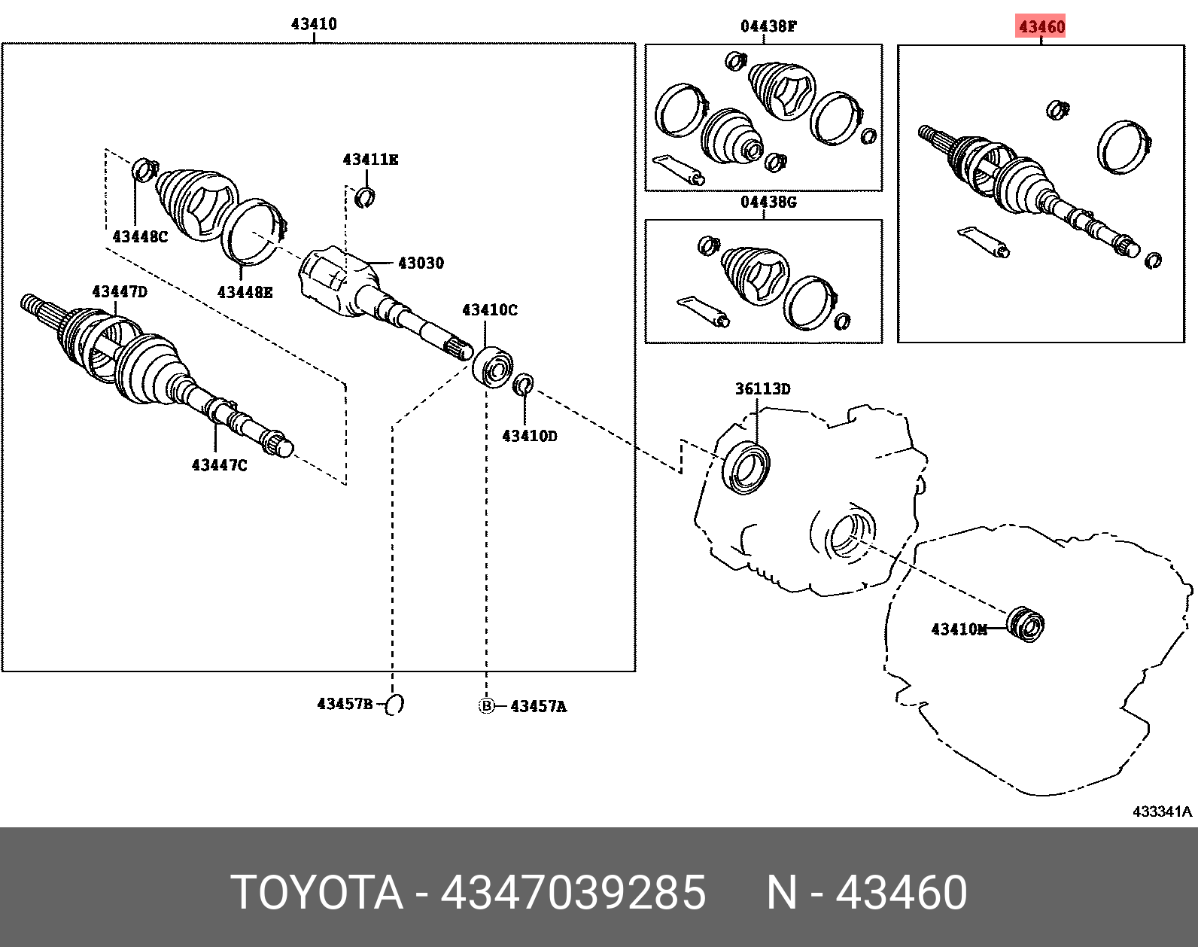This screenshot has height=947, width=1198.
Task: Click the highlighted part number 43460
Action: (x=1041, y=27)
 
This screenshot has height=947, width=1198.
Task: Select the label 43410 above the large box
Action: (x=314, y=24)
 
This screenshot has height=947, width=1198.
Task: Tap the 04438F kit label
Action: (x=768, y=26)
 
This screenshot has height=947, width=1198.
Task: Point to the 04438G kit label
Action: (x=768, y=202)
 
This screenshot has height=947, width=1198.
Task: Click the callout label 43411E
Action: (x=370, y=160)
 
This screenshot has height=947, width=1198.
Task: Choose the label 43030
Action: (x=421, y=263)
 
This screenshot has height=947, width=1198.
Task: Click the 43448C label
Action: (x=140, y=237)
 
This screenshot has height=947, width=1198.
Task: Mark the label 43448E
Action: (x=245, y=293)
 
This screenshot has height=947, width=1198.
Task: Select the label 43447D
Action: (x=120, y=292)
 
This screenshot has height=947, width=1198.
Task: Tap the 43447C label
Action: (x=219, y=465)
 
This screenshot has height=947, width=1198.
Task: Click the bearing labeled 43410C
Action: (x=493, y=367)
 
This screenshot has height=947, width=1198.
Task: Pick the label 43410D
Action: (x=530, y=437)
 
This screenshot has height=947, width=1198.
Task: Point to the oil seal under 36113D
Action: (x=746, y=468)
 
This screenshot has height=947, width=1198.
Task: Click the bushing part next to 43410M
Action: (x=1026, y=624)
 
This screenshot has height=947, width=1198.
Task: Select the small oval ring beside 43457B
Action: (x=395, y=705)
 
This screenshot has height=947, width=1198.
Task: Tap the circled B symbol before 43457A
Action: (x=487, y=706)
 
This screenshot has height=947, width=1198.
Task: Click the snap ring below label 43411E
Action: (x=365, y=198)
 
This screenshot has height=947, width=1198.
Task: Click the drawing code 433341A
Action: (x=1162, y=811)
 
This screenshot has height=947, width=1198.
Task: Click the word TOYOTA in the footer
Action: (x=317, y=893)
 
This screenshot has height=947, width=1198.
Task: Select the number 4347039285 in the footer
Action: (x=573, y=893)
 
